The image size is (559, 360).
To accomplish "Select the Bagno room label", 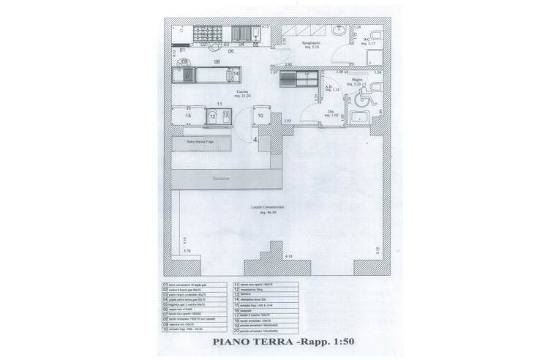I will [358, 82].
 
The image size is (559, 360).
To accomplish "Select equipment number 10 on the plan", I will [260, 115].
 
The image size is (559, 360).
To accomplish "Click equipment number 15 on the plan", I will [188, 116].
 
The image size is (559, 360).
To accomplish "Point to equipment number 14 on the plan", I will [236, 75].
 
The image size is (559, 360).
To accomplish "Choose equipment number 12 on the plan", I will [212, 116].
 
